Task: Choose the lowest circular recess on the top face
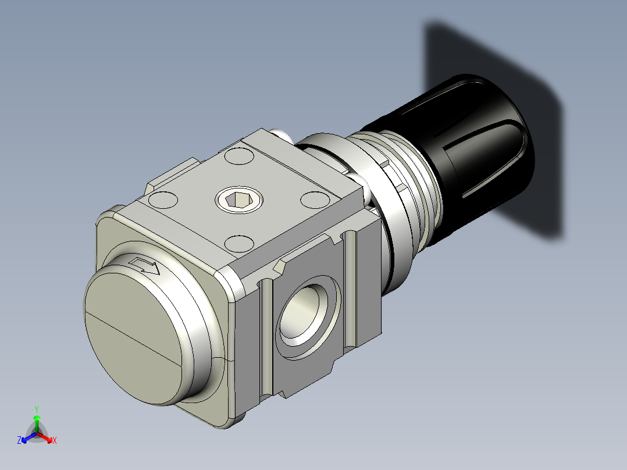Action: click(x=238, y=243)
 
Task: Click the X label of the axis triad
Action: click(x=54, y=441)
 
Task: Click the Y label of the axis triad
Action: click(x=36, y=409)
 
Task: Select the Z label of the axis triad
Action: click(x=19, y=441)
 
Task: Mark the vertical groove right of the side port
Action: click(x=349, y=291)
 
